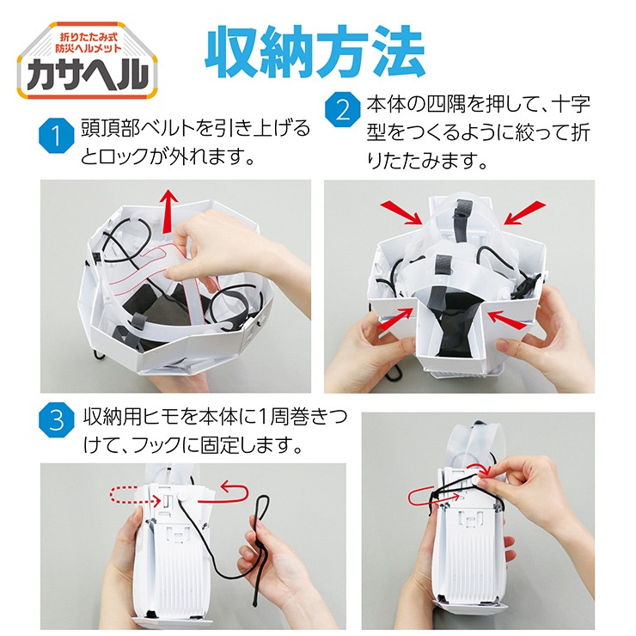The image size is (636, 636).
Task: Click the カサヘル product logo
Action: [87, 61]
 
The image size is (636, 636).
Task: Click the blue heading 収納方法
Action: [315, 52]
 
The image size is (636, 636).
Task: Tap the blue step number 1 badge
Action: [57, 136]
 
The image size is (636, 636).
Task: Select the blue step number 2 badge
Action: [343, 109]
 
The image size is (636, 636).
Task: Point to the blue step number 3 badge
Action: [57, 419]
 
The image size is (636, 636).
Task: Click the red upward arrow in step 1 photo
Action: [168, 211]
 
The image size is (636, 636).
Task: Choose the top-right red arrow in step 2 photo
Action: [524, 212]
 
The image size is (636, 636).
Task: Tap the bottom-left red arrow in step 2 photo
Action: [395, 318]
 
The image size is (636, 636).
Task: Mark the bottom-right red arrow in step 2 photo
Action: [507, 321]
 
